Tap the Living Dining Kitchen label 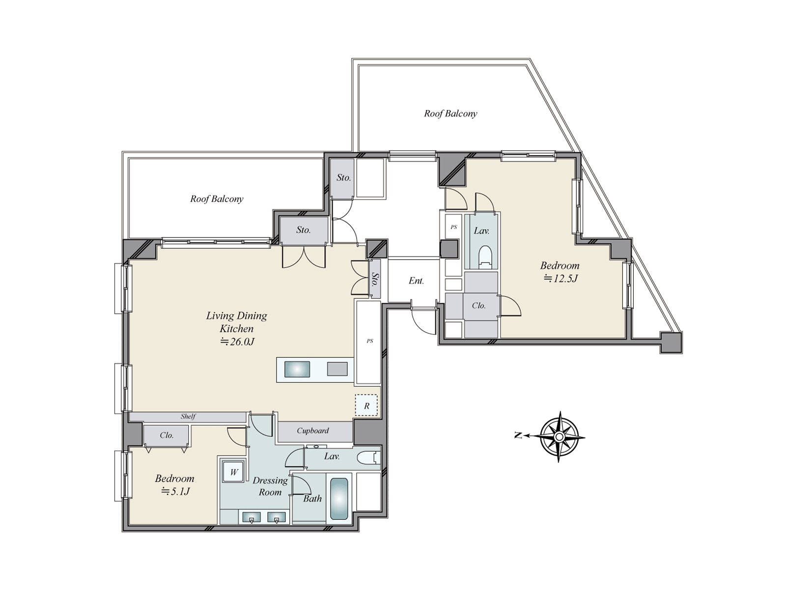click(236, 322)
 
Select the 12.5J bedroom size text click(560, 279)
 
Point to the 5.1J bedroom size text click(175, 491)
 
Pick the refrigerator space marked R click(366, 406)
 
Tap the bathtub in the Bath click(339, 499)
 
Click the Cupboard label click(312, 431)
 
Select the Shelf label click(188, 416)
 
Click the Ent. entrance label click(416, 281)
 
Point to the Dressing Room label click(270, 486)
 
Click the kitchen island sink click(297, 369)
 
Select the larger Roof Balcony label click(450, 113)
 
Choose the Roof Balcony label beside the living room click(217, 199)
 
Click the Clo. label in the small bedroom click(167, 435)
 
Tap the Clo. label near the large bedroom click(478, 305)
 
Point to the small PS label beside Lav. click(454, 227)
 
